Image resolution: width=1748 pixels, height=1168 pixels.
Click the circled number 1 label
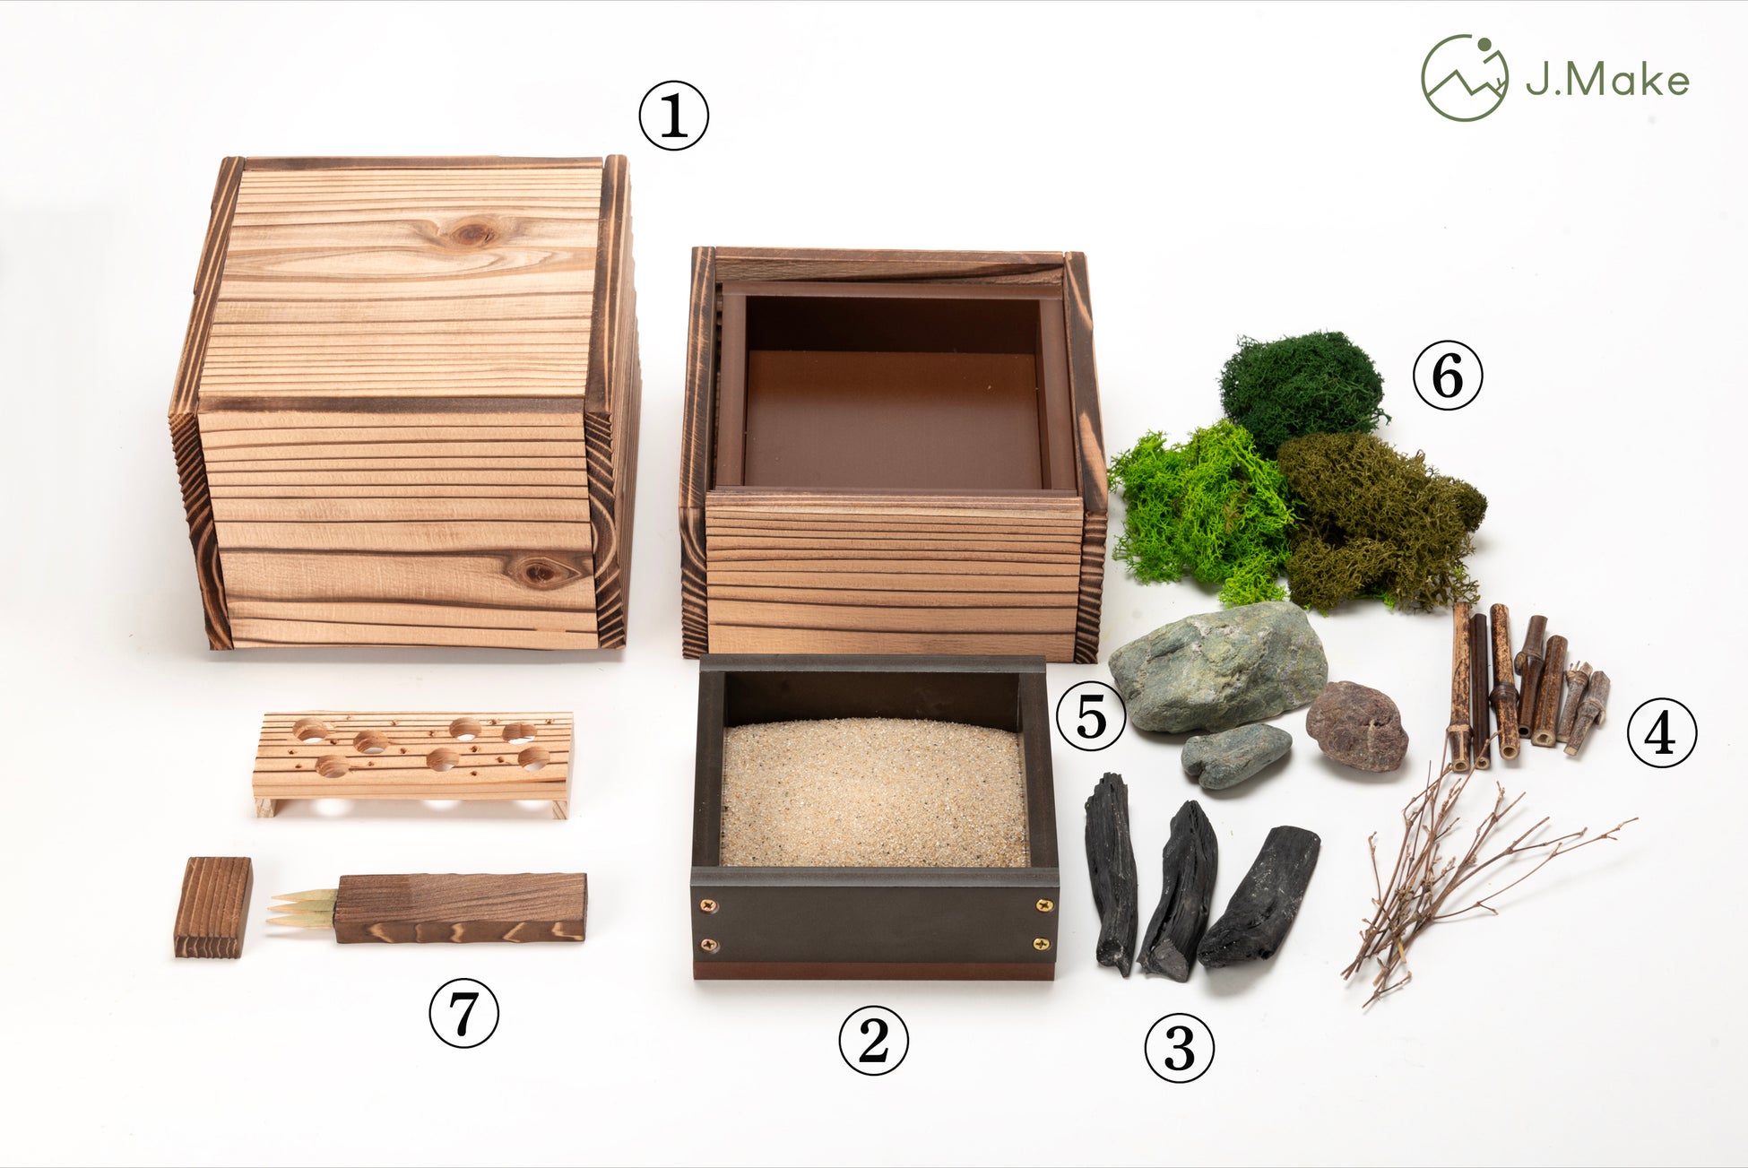(673, 116)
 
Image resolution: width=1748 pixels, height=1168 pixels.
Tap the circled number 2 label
(873, 1041)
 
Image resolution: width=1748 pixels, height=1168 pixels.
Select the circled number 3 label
(1179, 1048)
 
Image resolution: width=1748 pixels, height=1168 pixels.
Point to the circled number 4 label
(1661, 733)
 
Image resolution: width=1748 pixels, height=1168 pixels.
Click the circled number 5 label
(1091, 717)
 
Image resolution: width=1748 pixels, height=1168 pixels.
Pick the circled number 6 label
(1448, 376)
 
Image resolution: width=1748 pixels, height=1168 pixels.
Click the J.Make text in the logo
(1607, 80)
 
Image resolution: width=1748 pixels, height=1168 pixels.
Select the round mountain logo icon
(1465, 78)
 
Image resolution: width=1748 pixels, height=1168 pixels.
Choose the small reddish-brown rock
(1356, 726)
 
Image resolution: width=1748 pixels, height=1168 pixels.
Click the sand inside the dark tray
(874, 793)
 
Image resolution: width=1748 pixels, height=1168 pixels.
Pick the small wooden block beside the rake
(212, 907)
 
